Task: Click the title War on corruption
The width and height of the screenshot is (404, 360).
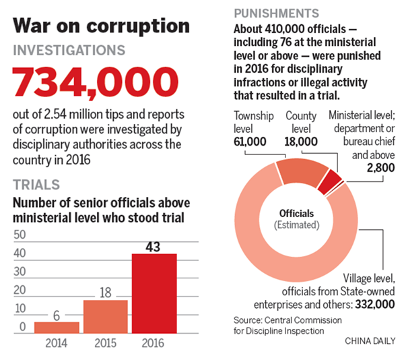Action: tap(102, 26)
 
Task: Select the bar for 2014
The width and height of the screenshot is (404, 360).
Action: tap(57, 327)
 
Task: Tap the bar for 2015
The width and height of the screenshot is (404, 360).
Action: tap(106, 316)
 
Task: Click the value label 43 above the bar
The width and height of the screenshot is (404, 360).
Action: tap(154, 246)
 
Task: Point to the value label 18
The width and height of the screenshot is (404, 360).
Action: tap(106, 292)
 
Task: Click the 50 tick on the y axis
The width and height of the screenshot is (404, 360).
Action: tap(20, 235)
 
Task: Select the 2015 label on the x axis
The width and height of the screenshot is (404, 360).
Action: tap(106, 342)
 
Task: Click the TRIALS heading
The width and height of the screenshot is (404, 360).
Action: tap(36, 184)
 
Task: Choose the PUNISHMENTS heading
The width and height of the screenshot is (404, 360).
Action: tap(276, 13)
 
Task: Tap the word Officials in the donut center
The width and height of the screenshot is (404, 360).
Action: tap(297, 214)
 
